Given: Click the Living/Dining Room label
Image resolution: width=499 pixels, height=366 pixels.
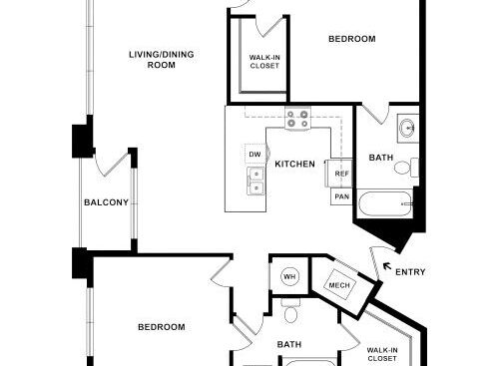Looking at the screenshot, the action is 162,60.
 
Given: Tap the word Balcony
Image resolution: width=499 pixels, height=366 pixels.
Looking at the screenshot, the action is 106,202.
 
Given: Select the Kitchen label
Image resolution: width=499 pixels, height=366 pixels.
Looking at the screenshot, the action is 294,164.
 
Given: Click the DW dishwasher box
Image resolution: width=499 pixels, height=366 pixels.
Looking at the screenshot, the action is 255,154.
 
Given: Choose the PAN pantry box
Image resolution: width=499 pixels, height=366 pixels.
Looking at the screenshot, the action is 341,196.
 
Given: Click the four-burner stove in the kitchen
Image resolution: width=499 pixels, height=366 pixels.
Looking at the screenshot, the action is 297,119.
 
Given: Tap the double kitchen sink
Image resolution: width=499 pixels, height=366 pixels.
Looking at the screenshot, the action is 256,182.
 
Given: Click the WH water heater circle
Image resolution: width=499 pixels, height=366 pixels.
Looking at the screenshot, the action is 289,276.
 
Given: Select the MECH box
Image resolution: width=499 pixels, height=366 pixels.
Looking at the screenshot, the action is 339,285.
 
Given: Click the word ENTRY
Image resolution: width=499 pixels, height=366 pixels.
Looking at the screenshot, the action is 410,272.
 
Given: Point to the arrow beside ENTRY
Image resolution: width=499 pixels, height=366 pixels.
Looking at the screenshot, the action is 386,265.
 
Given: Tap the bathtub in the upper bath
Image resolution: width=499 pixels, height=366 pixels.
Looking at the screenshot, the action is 385,202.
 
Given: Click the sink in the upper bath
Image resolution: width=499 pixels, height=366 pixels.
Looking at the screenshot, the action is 407,128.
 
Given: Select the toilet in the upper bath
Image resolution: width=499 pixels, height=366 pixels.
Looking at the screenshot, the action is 406,167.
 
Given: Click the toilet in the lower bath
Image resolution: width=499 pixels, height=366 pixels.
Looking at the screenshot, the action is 290,311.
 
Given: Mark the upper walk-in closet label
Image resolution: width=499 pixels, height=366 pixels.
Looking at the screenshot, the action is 264,62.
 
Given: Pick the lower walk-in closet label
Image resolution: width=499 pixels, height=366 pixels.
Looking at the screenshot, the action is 382,354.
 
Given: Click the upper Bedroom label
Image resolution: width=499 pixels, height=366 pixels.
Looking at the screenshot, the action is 352,39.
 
